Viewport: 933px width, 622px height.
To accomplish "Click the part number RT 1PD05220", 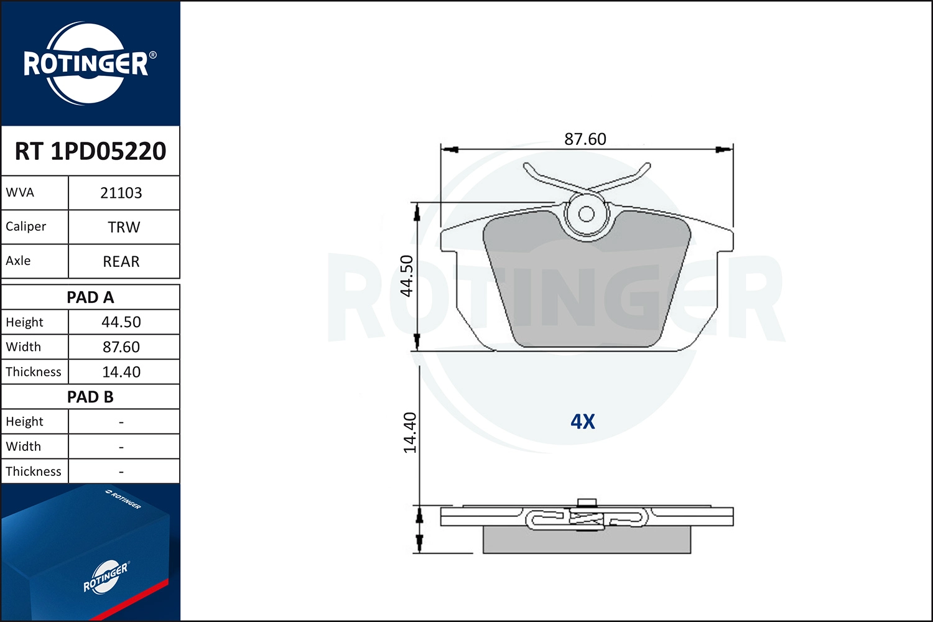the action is pos(90,151).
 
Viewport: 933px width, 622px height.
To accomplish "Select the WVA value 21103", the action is pos(121,193).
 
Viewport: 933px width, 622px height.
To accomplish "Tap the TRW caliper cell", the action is pos(124,227).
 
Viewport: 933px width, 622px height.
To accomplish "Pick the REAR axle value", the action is pos(121,261).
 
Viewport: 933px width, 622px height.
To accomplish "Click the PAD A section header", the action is pos(90,297).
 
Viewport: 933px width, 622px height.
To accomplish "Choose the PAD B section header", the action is pos(90,397).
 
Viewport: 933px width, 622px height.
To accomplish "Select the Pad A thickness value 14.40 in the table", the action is pos(121,371).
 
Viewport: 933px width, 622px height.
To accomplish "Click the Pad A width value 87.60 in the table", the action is pos(121,346).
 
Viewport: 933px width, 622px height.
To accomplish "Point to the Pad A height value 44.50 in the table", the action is pos(121,322).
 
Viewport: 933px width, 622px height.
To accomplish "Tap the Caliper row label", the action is pos(26,226).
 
